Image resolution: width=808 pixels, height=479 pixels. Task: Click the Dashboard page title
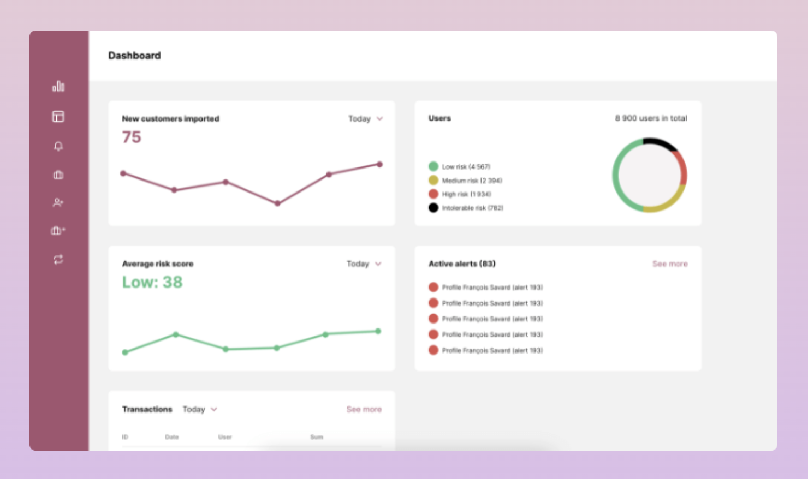tap(134, 56)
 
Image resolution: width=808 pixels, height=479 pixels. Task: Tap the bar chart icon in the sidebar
tap(58, 86)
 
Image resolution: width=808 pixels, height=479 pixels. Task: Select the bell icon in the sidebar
tap(58, 146)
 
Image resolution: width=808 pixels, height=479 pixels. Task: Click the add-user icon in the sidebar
tap(58, 203)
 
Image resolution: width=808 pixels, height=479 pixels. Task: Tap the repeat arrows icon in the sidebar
tap(58, 260)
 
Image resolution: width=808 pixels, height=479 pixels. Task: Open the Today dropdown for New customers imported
tap(365, 119)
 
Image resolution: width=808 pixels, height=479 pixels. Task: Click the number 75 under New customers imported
tap(132, 137)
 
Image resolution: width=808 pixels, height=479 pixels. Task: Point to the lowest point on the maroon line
tap(277, 203)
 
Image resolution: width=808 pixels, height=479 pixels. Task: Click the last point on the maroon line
tap(379, 164)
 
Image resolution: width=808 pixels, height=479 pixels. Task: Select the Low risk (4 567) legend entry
tap(466, 167)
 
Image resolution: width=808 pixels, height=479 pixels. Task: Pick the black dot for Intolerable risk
tap(433, 208)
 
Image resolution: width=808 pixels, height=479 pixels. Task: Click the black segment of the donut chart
tap(660, 143)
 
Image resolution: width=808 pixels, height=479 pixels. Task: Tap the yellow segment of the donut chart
tap(669, 202)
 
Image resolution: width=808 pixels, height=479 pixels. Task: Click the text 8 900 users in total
tap(651, 118)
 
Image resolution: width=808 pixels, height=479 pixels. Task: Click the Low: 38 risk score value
tap(152, 282)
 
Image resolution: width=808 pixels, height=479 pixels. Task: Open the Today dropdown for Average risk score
tap(364, 264)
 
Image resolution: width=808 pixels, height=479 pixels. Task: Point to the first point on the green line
tap(126, 352)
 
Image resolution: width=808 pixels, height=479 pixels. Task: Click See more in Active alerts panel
tap(670, 264)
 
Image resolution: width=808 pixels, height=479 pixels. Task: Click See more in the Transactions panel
tap(364, 410)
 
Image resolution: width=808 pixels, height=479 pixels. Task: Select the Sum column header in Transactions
tap(317, 437)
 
